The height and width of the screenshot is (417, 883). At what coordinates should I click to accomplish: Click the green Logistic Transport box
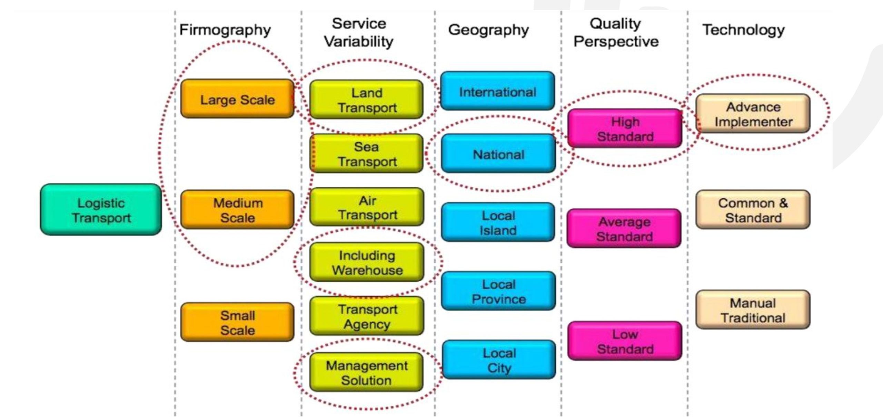tap(101, 210)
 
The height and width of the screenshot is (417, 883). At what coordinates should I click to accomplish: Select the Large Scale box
tap(237, 100)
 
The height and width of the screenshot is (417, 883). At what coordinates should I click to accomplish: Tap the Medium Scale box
tap(237, 210)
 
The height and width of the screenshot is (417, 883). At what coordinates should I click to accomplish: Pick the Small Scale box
tap(237, 322)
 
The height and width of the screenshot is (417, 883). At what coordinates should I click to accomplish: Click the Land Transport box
tap(367, 100)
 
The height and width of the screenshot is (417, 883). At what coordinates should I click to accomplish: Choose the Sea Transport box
tap(367, 154)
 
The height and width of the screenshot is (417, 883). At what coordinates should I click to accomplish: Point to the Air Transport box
tap(367, 207)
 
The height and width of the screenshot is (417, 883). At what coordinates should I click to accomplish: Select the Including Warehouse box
tap(367, 262)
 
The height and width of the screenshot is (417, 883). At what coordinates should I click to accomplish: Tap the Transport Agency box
tap(367, 316)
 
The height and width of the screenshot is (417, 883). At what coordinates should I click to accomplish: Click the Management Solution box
tap(367, 372)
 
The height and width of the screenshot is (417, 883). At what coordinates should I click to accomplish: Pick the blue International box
tap(497, 91)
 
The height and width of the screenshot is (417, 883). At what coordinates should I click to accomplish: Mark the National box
tap(498, 154)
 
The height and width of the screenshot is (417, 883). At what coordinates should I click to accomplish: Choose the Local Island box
tap(498, 222)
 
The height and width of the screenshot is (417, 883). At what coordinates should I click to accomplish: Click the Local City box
tap(499, 360)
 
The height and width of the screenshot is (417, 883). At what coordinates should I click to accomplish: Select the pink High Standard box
tap(625, 128)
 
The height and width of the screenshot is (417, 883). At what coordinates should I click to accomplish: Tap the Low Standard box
tap(625, 341)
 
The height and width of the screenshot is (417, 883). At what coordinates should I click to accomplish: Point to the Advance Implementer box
tap(753, 114)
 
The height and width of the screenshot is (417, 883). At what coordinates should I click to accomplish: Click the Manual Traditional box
tap(753, 310)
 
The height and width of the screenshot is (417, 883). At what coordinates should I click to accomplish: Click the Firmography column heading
tap(225, 30)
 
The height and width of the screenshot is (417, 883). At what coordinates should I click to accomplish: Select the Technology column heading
tap(743, 30)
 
